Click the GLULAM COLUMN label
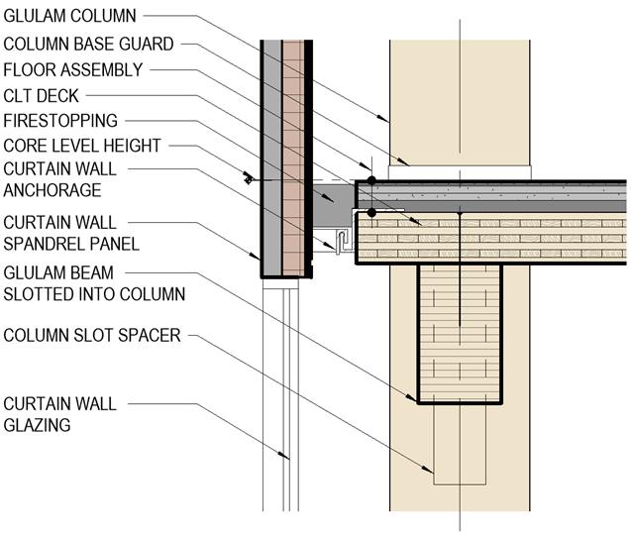pyautogui.click(x=69, y=16)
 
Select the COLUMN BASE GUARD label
pyautogui.click(x=88, y=43)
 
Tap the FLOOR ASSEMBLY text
pyautogui.click(x=73, y=69)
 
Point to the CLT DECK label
pyautogui.click(x=42, y=95)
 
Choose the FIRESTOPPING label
pyautogui.click(x=60, y=121)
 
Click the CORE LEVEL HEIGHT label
pyautogui.click(x=82, y=147)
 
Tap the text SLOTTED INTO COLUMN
pyautogui.click(x=94, y=294)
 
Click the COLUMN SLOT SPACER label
pyautogui.click(x=92, y=335)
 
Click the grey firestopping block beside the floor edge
pyautogui.click(x=336, y=203)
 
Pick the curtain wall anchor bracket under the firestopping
pyautogui.click(x=341, y=241)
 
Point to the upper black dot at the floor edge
pyautogui.click(x=370, y=181)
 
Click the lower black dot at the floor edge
pyautogui.click(x=370, y=211)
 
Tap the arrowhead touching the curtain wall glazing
pyautogui.click(x=286, y=457)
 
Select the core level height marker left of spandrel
pyautogui.click(x=247, y=179)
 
